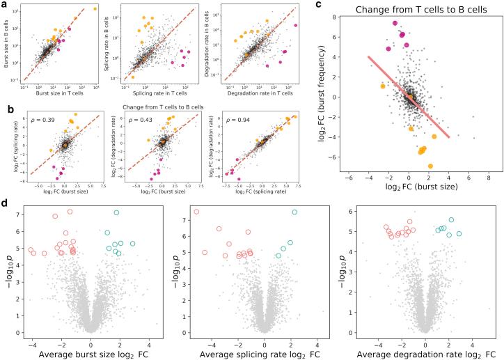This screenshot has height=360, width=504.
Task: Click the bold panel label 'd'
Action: point(6,203)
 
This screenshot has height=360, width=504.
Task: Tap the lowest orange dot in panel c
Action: point(430,166)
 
